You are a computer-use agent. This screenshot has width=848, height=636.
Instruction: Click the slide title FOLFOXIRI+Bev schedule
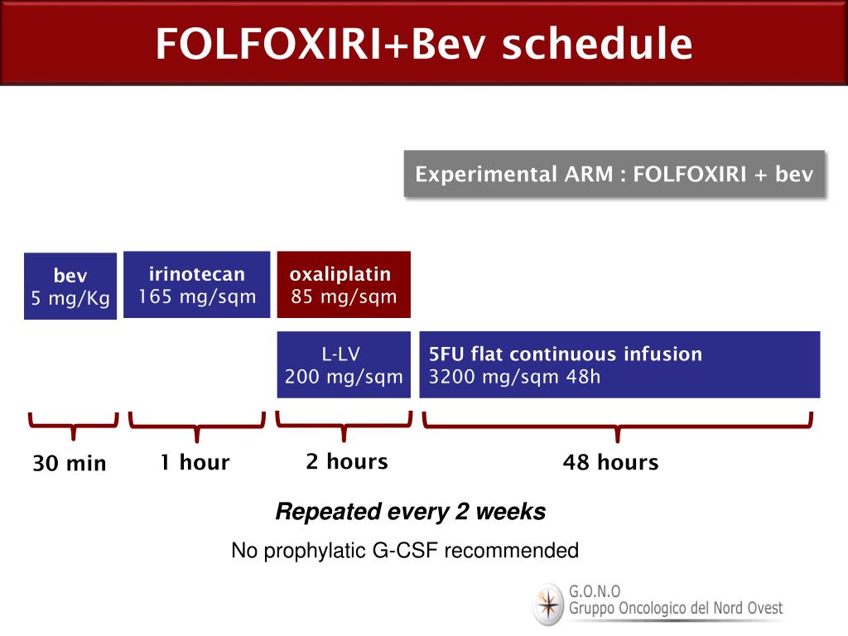423,44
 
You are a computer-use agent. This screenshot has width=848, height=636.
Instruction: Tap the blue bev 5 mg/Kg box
70,287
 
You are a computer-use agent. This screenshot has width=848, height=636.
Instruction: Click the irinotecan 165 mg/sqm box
197,285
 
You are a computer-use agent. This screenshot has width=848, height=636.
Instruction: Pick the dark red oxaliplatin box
344,285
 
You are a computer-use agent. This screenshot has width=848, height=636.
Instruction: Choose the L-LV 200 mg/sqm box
344,365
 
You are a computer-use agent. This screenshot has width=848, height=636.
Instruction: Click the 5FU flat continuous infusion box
619,365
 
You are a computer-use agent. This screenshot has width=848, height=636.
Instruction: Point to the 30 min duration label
70,464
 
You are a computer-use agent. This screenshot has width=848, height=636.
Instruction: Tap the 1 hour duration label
195,462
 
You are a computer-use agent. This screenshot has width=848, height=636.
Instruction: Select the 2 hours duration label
346,461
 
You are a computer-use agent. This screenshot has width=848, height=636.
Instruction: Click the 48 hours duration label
610,462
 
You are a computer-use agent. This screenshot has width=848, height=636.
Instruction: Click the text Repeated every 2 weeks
410,512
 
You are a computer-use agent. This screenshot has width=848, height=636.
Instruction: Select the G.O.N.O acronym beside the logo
594,592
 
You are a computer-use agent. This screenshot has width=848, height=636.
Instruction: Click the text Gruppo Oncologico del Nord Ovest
675,609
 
